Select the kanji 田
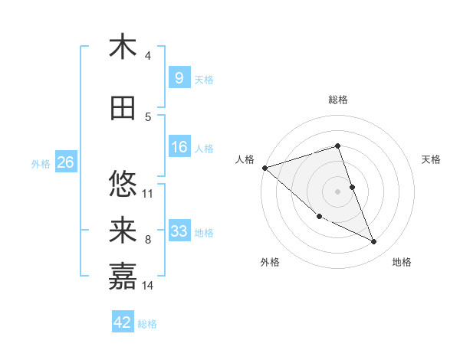coord(123,108)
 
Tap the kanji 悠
coord(123,184)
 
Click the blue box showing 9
coord(179,78)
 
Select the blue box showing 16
coord(179,148)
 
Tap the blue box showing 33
coord(179,231)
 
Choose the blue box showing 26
coord(65,162)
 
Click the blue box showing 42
coord(122,322)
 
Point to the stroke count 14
coord(148,286)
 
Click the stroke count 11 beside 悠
coord(148,193)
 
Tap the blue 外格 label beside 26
coord(41,163)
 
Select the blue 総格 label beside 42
coord(147,324)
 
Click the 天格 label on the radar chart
coord(431,159)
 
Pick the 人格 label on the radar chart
coord(245,159)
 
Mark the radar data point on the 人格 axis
coord(264,168)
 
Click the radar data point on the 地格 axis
coord(374,242)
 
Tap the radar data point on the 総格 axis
coord(337,146)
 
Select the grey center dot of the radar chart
coord(337,191)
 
